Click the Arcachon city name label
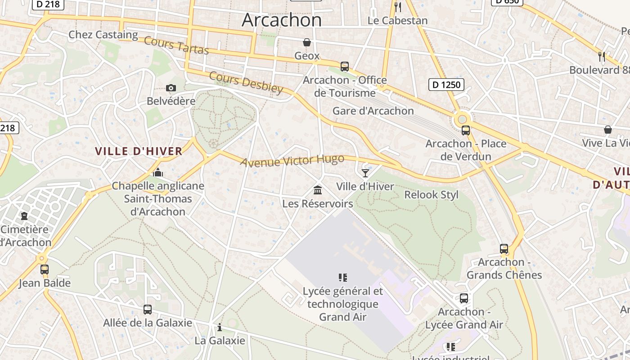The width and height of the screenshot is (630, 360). click(x=282, y=20)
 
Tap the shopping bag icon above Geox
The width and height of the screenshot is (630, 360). click(x=307, y=42)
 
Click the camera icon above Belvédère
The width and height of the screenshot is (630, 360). click(x=171, y=88)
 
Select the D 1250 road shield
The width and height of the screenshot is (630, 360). click(x=446, y=85)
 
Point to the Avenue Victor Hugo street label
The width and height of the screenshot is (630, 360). click(x=292, y=161)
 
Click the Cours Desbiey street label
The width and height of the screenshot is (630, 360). click(x=246, y=83)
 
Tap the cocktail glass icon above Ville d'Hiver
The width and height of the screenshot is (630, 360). click(x=365, y=173)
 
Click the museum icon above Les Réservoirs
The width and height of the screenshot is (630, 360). click(x=318, y=190)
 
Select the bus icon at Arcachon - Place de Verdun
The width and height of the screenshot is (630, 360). click(x=466, y=130)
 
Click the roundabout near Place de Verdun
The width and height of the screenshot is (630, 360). click(x=462, y=120)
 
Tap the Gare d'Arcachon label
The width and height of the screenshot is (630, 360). click(x=373, y=111)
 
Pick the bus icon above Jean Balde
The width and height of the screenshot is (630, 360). click(x=45, y=270)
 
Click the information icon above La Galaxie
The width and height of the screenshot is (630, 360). click(x=220, y=327)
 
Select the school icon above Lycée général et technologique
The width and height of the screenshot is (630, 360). click(x=342, y=278)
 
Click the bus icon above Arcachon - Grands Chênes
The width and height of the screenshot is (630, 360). click(x=504, y=249)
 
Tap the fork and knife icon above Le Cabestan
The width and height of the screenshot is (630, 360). click(x=397, y=7)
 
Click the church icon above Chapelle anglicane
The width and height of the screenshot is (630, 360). click(x=157, y=172)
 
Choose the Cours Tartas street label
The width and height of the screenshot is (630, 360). click(x=176, y=46)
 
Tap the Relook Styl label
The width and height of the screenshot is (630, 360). click(x=431, y=195)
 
